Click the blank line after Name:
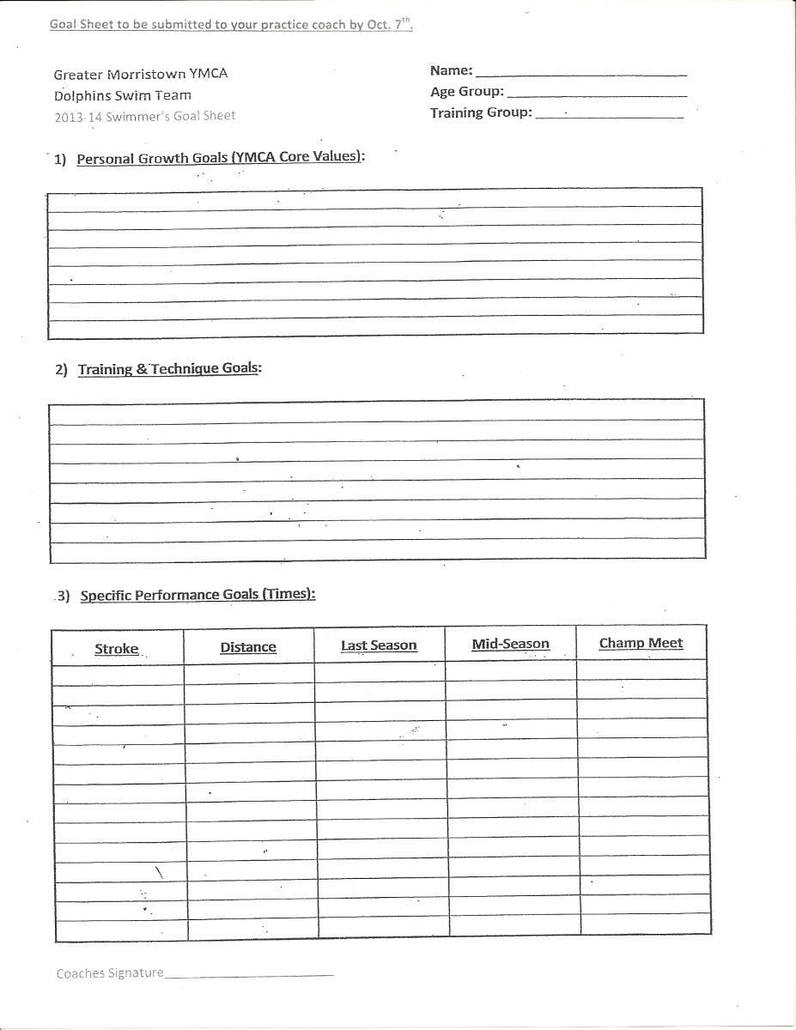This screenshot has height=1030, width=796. (580, 74)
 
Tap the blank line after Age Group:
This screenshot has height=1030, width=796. (597, 94)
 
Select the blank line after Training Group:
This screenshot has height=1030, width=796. (609, 115)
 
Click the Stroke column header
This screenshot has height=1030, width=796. (117, 649)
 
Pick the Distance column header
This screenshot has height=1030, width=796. (248, 646)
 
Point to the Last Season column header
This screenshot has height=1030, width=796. (379, 645)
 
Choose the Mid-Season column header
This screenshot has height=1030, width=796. (510, 644)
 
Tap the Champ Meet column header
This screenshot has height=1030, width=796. (641, 643)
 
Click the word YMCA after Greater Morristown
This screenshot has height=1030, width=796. (209, 74)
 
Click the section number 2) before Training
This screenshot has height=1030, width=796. (61, 370)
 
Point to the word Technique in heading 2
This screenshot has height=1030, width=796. (185, 369)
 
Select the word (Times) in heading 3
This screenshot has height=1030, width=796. (288, 593)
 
